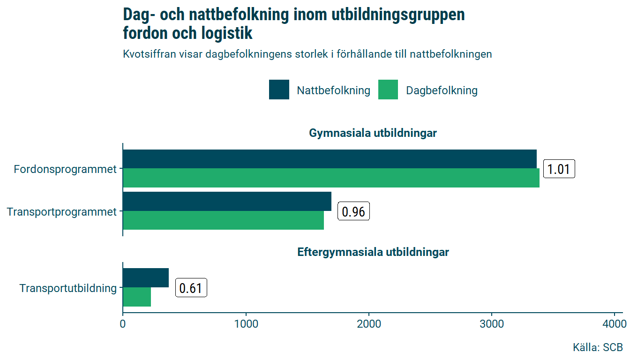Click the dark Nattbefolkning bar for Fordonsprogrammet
[330, 159]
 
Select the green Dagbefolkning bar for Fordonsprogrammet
[331, 178]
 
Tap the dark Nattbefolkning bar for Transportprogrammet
[227, 201]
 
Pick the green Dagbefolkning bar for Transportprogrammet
[223, 220]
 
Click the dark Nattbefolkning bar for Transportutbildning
[146, 277]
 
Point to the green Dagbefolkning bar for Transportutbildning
[137, 297]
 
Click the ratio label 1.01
[559, 169]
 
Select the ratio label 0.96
[354, 212]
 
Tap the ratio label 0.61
[191, 288]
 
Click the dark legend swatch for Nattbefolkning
[279, 90]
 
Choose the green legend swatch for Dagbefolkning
[388, 90]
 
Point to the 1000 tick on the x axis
[246, 324]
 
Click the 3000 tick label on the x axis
[492, 324]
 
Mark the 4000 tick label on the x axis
[615, 324]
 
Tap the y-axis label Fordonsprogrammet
[65, 169]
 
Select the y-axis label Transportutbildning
[68, 288]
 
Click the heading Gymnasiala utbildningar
[373, 133]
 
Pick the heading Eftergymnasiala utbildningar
[373, 252]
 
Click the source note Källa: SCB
[598, 347]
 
